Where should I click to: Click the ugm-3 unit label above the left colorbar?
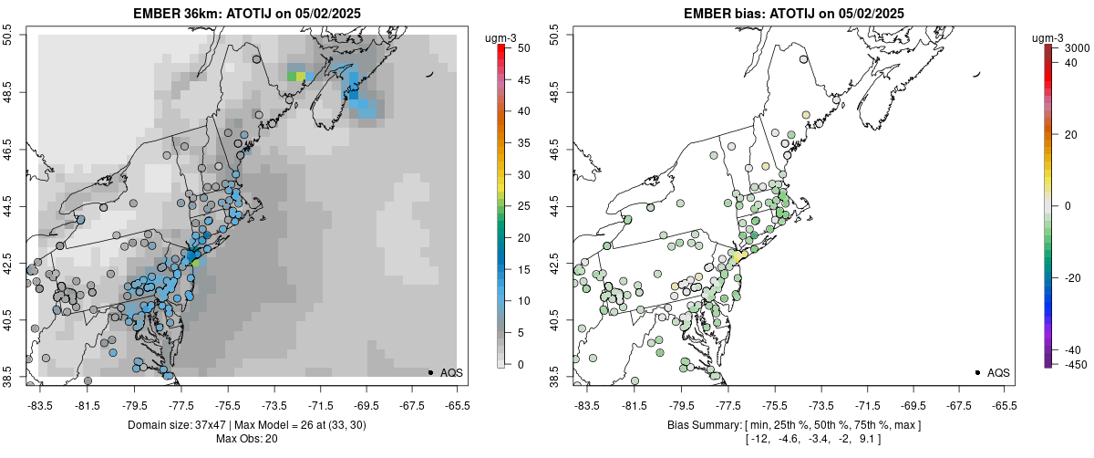coord(501,37)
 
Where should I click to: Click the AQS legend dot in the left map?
coord(430,372)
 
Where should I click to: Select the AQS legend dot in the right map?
coord(977,372)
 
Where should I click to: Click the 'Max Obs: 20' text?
coord(246,439)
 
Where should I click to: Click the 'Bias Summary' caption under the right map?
coord(701,425)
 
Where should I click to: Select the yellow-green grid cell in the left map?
coord(301,77)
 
